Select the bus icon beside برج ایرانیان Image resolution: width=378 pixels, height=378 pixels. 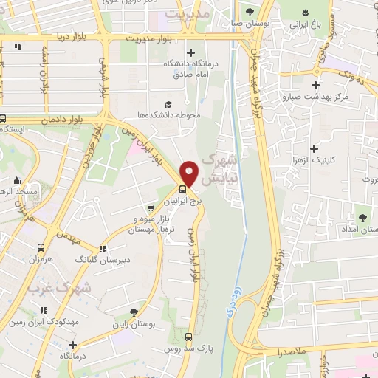(x=182, y=188)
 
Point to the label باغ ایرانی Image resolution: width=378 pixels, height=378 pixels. (x=309, y=24)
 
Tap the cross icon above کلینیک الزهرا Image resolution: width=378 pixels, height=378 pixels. (x=315, y=127)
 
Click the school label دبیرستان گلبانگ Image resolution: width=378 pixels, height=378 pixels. (x=104, y=260)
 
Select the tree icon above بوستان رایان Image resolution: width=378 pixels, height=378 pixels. (x=133, y=313)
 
